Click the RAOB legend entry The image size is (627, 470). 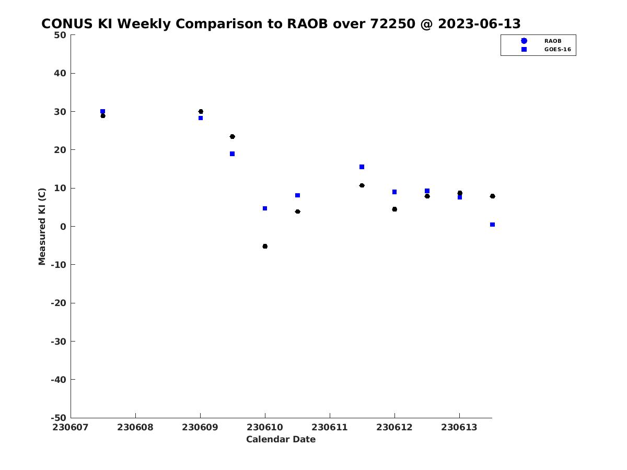click(541, 41)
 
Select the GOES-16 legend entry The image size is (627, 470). click(545, 50)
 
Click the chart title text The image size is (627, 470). click(281, 23)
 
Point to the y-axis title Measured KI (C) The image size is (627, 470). click(42, 227)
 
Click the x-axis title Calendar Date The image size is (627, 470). click(281, 439)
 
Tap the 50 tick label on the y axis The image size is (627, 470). click(60, 35)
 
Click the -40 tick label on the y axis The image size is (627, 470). click(59, 380)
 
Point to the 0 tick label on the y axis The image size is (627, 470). click(63, 227)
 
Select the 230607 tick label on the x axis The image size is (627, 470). click(70, 428)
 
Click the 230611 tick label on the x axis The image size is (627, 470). click(329, 428)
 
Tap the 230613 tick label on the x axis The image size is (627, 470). click(459, 428)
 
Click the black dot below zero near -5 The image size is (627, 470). click(265, 246)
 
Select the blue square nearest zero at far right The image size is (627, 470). click(492, 225)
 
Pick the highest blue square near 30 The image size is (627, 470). click(102, 111)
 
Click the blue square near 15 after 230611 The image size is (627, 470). click(362, 167)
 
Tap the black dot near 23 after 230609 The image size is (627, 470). click(232, 137)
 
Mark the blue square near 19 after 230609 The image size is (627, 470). click(232, 154)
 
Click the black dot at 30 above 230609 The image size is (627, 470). click(201, 111)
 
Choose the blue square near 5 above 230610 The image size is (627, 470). click(265, 208)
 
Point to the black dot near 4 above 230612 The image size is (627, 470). click(394, 209)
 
